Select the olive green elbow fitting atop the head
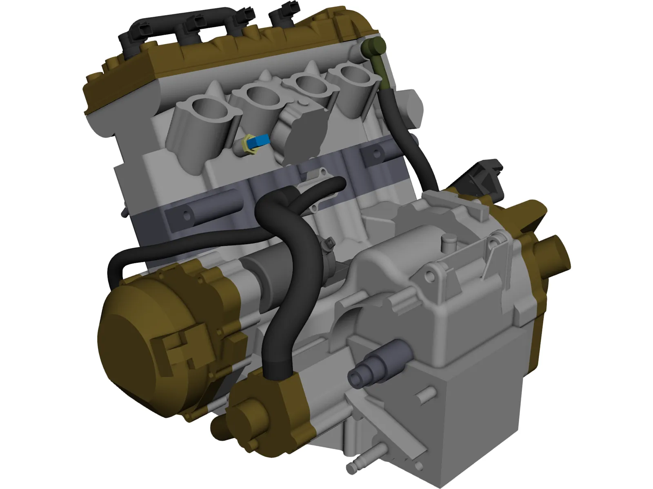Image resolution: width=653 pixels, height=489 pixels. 372,46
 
